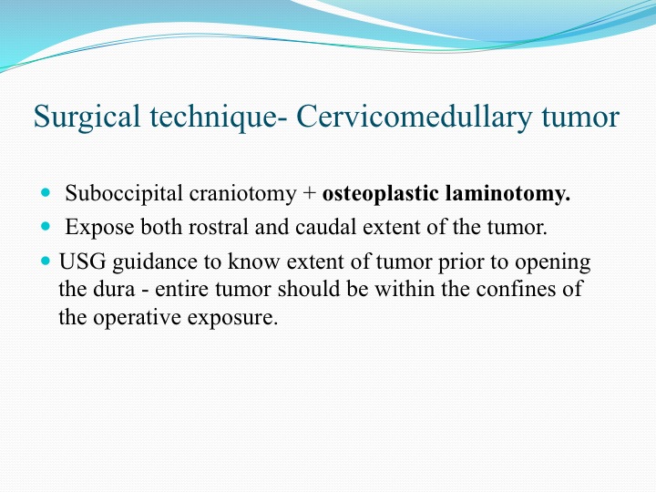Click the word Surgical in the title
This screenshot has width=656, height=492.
coord(87,117)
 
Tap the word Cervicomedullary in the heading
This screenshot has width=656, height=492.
coord(415,117)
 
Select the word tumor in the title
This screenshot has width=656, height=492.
coord(580,118)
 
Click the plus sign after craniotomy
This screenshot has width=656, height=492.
coord(309,194)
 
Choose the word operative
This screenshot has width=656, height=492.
coord(137,318)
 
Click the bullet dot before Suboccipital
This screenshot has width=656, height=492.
coord(46,193)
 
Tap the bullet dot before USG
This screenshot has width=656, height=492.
coord(46,261)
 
